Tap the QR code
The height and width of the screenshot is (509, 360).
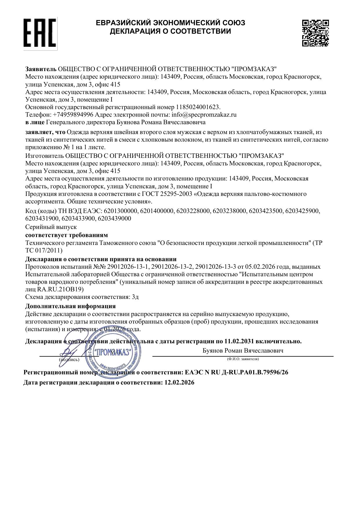(x=315, y=33)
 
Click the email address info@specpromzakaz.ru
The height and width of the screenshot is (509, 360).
(x=204, y=115)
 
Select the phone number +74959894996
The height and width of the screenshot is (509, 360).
(x=73, y=115)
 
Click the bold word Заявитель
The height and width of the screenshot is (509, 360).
(x=41, y=69)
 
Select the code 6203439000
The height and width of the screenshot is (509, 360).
(x=114, y=219)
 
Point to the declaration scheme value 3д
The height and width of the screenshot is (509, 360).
(x=135, y=297)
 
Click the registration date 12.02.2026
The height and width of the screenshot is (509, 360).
(x=179, y=382)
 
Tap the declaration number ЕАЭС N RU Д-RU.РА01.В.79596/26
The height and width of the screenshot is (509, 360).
(x=236, y=372)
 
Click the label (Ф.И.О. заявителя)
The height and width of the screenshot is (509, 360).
(x=243, y=359)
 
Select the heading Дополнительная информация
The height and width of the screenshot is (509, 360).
(x=70, y=306)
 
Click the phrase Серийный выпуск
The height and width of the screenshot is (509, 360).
(x=51, y=227)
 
